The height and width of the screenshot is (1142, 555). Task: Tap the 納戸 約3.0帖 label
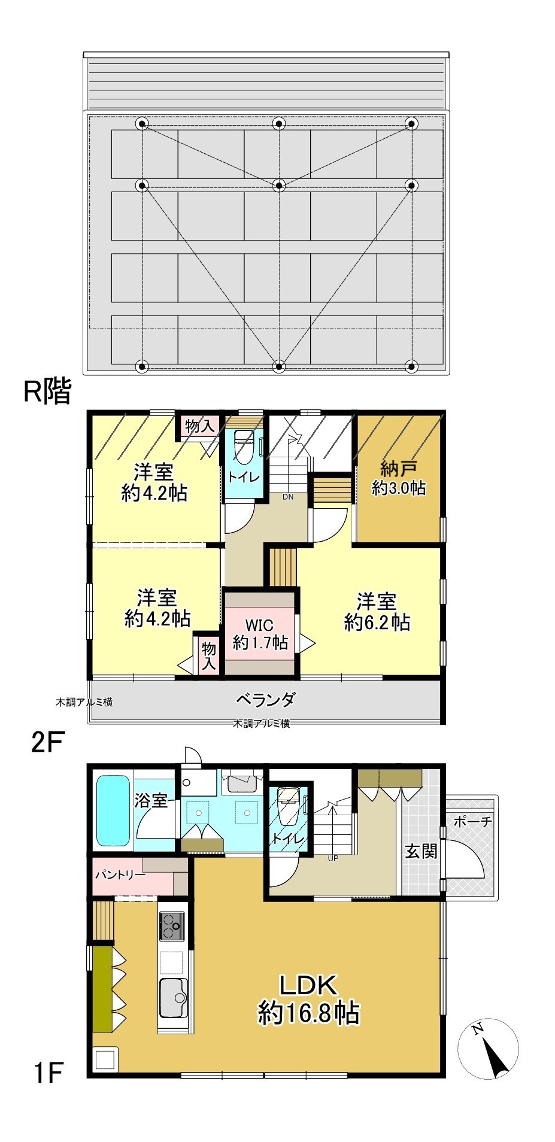(x=399, y=478)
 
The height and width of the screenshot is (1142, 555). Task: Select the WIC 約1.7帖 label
(x=260, y=634)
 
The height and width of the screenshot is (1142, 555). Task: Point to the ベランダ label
(x=265, y=698)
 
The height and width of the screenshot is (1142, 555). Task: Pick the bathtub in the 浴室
(x=113, y=810)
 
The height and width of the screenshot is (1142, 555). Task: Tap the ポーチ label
(x=472, y=822)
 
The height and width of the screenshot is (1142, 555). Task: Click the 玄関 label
(x=421, y=851)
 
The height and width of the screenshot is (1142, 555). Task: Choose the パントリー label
(x=120, y=874)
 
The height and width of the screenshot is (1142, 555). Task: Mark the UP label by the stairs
(x=333, y=858)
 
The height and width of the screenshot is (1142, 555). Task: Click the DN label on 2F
(x=288, y=496)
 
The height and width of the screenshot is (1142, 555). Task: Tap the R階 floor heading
(x=47, y=391)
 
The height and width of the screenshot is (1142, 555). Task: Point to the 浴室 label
(x=151, y=800)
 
